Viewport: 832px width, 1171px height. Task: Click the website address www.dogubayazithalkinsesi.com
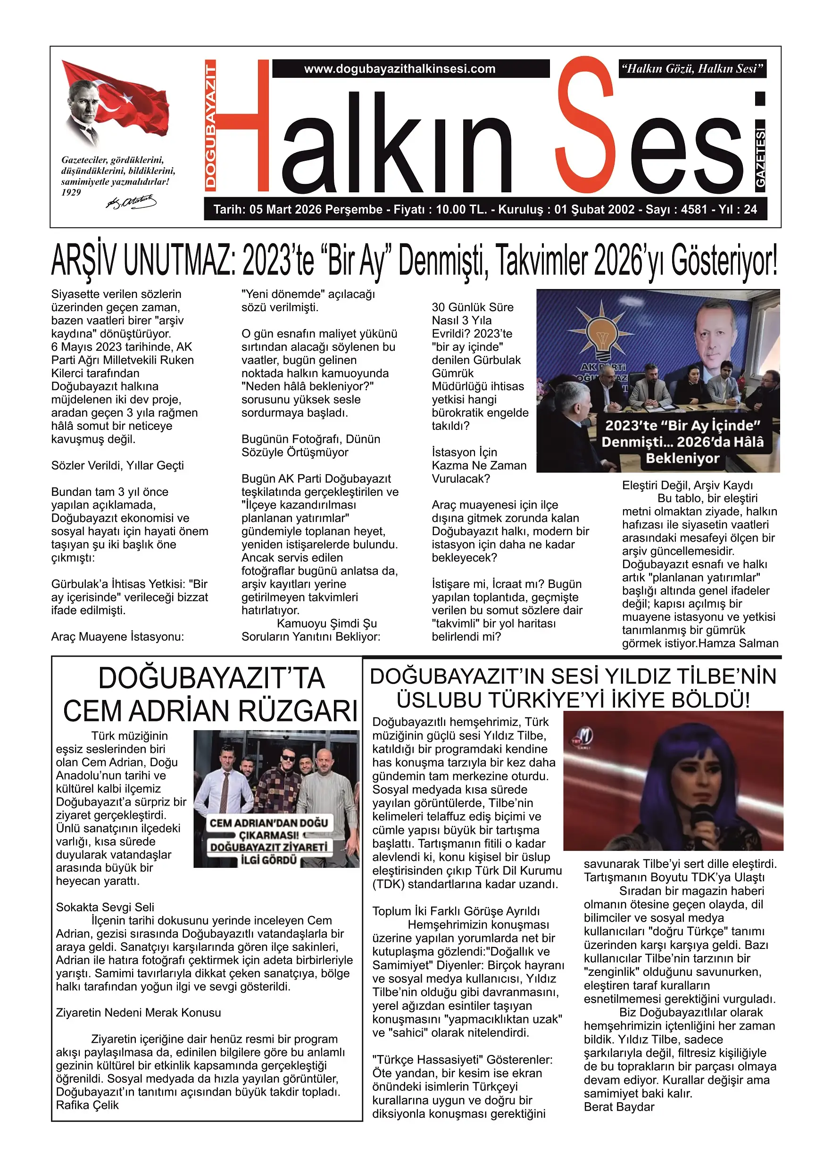[399, 69]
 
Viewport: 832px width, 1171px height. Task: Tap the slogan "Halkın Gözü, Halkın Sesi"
[692, 69]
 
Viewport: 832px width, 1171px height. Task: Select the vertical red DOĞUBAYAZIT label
[210, 125]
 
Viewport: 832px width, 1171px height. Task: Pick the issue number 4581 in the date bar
[694, 209]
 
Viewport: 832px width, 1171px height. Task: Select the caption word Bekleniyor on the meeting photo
[682, 458]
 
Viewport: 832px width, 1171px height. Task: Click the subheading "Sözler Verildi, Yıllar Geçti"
[117, 465]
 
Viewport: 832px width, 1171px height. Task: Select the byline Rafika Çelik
[87, 1105]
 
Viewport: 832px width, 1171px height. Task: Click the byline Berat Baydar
[619, 1106]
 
